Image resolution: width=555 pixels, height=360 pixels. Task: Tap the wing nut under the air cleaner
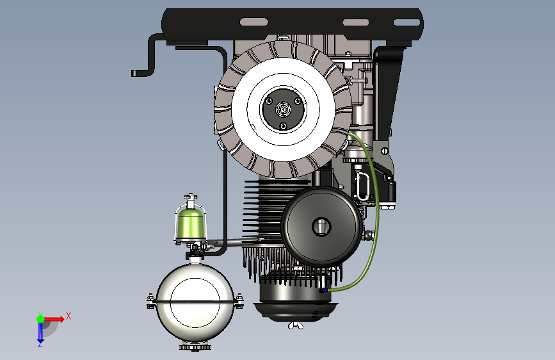pos(295,325)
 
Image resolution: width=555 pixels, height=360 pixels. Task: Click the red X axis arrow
pos(54,319)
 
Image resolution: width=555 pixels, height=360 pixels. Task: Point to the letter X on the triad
pos(68,316)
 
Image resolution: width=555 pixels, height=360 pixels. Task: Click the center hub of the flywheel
pos(283,110)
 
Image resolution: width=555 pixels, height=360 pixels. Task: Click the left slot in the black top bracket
pos(253,22)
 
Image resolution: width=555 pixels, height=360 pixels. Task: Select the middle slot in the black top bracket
pos(356,22)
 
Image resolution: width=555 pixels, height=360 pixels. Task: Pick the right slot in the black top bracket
pos(406,22)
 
